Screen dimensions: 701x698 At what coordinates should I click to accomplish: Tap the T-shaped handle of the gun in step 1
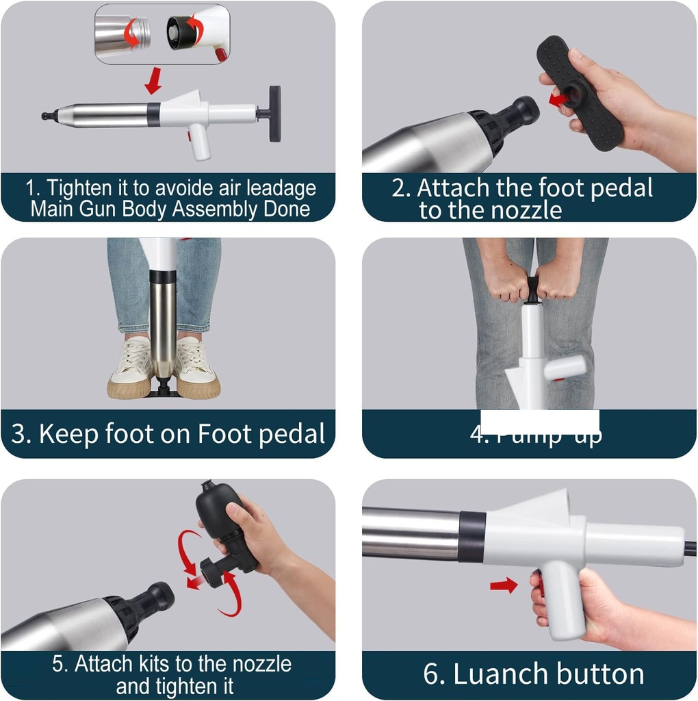point(274,113)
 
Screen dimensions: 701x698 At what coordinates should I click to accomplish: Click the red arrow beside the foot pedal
point(558,101)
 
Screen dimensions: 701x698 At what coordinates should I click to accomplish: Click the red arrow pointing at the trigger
point(504,585)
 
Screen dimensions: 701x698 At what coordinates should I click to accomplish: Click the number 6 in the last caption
point(433,674)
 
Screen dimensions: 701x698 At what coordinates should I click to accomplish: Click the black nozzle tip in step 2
point(523,111)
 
